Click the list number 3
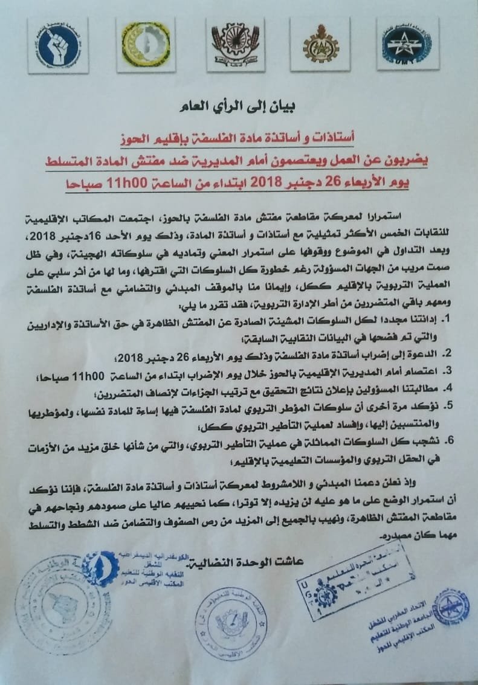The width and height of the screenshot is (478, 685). tap(449, 370)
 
